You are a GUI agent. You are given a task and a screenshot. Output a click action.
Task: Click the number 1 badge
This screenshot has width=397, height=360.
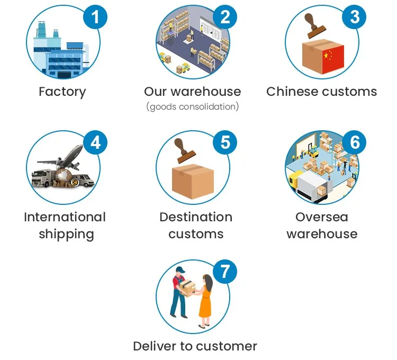[x=95, y=17]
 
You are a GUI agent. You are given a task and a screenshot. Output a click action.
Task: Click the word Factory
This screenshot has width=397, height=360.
[x=62, y=92]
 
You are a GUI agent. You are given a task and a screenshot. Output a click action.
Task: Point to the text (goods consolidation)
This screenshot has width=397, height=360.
[x=193, y=107]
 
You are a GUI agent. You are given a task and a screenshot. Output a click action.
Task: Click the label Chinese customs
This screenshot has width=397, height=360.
[x=322, y=92]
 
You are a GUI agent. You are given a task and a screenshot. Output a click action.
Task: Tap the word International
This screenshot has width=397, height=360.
[x=65, y=217]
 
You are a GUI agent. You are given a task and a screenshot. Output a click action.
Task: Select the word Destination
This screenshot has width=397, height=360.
[x=196, y=217]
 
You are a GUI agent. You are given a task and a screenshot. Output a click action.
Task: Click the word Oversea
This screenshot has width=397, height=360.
[x=322, y=217]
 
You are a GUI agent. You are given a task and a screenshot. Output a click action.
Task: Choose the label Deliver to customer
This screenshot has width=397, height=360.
[x=195, y=346]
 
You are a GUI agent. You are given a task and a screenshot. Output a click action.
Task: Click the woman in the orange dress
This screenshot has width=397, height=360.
[x=205, y=300]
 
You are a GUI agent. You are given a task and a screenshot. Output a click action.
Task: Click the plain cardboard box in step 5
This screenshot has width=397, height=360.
[x=193, y=180]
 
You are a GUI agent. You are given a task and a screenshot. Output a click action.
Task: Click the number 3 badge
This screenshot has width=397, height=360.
[x=355, y=17]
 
